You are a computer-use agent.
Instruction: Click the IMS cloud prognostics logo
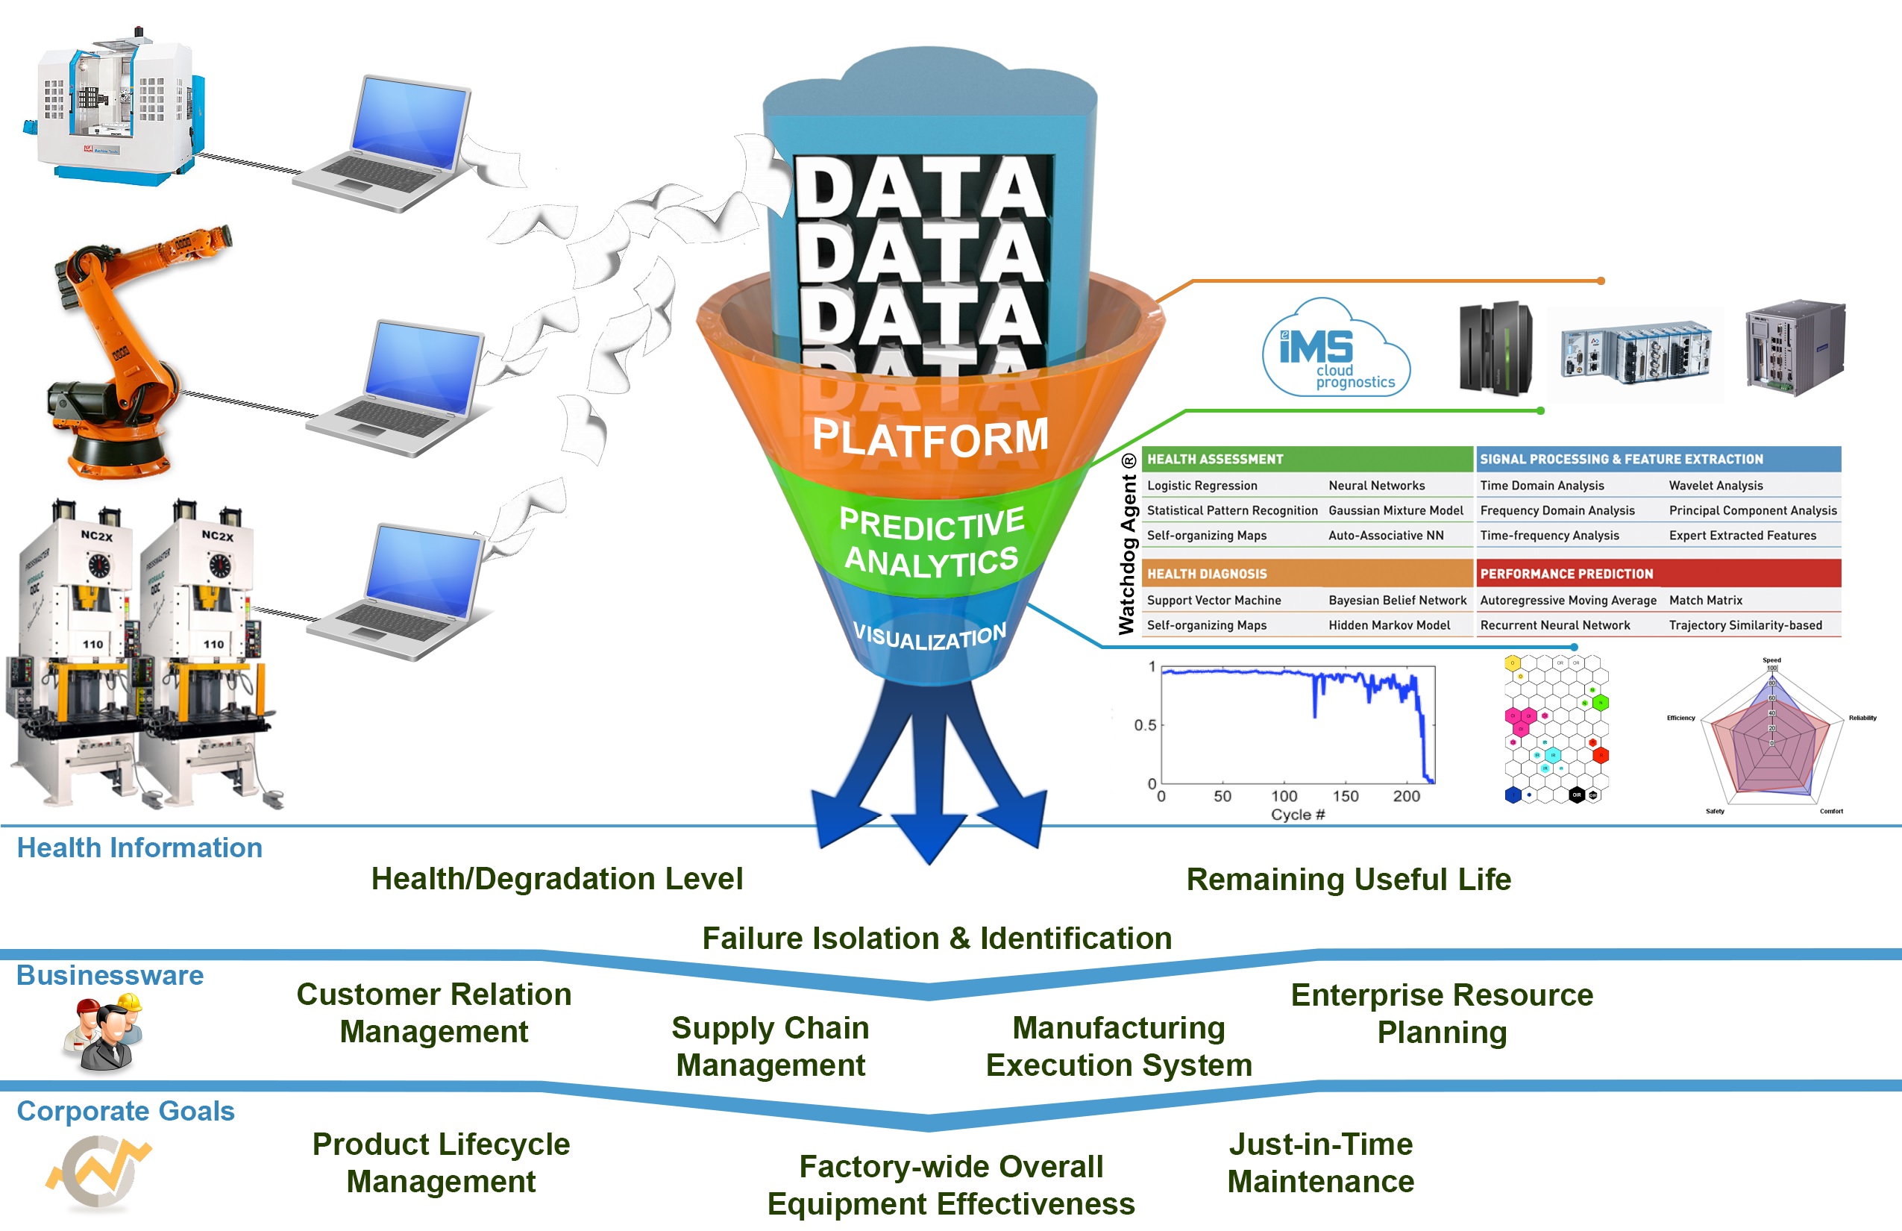click(x=1334, y=349)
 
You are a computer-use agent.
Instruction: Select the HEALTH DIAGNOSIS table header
click(x=1207, y=574)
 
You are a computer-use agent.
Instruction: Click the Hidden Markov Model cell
click(x=1389, y=625)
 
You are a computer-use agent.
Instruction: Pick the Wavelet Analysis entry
click(x=1715, y=485)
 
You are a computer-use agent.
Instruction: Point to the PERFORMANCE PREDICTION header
click(x=1566, y=574)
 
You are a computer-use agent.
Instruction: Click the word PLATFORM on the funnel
click(x=930, y=437)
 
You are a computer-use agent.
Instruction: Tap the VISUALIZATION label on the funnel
click(x=929, y=637)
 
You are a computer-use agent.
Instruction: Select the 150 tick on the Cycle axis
click(x=1345, y=796)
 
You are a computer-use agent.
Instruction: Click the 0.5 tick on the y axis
click(x=1144, y=725)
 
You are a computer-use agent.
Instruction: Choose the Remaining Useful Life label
click(x=1349, y=880)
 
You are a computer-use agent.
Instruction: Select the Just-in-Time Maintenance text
click(x=1320, y=1162)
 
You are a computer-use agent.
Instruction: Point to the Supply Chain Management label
click(x=770, y=1045)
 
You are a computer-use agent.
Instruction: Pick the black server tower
click(x=1495, y=348)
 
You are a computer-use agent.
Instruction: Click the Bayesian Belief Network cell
click(x=1397, y=601)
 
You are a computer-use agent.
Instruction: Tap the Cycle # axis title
click(x=1297, y=815)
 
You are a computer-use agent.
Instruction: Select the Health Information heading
click(x=140, y=848)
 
